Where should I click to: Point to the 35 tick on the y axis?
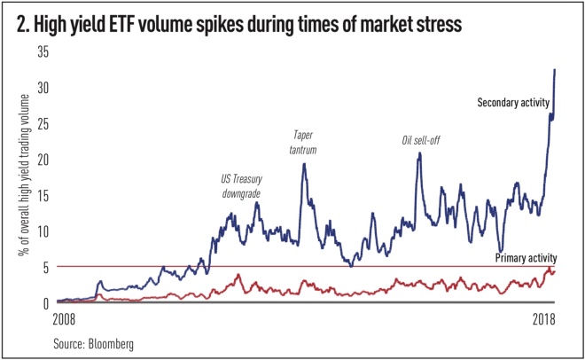42,51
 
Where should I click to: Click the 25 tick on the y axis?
42,123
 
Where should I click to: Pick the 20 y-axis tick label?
42,159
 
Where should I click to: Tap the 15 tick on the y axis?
42,195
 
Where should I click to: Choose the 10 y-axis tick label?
42,231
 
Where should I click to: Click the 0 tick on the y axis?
45,302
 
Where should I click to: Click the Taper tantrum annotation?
304,143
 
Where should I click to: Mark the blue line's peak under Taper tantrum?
304,163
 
